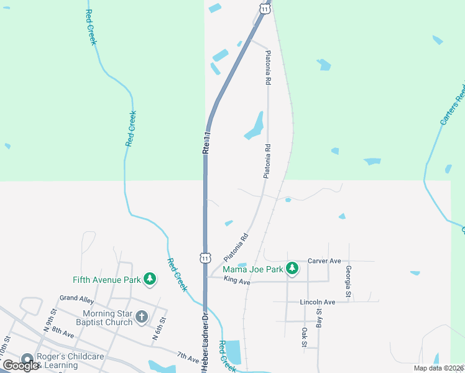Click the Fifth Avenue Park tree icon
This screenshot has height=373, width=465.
149,280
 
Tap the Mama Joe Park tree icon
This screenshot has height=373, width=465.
292,269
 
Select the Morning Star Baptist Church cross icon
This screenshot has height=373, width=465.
142,318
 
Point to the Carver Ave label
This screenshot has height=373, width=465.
325,261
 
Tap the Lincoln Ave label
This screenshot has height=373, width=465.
317,302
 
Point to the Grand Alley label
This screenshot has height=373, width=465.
76,298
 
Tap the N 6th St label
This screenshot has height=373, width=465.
160,329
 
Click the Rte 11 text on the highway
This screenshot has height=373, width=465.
206,142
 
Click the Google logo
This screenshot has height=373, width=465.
21,366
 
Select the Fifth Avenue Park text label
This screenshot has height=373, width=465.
106,280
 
